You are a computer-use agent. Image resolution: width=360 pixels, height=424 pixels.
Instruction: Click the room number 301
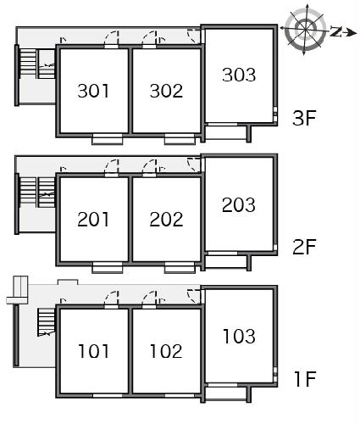(x=93, y=91)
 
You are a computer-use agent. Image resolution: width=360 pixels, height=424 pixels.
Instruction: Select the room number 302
(x=166, y=91)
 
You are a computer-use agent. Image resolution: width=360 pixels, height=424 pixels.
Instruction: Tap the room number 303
(x=239, y=75)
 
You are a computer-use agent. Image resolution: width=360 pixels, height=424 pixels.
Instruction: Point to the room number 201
(x=93, y=220)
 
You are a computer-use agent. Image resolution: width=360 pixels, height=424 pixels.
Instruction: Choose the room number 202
(x=166, y=220)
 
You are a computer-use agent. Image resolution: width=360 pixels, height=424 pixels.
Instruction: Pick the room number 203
(x=239, y=205)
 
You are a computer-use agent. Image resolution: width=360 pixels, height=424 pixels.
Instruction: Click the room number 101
(x=93, y=351)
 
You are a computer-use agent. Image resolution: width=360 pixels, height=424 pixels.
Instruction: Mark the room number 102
(x=166, y=351)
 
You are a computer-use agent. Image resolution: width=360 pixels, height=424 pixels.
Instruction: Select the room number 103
(x=239, y=337)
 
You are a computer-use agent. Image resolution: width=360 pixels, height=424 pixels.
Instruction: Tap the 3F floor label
(x=304, y=118)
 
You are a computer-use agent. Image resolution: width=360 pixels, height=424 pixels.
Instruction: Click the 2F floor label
(x=304, y=247)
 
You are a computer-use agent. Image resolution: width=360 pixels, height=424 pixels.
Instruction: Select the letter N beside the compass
(x=336, y=31)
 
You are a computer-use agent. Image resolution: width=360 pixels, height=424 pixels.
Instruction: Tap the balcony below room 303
(x=225, y=133)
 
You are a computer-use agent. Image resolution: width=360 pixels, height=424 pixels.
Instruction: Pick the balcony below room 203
(x=225, y=261)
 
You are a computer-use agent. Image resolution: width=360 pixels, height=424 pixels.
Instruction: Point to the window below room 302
(x=180, y=139)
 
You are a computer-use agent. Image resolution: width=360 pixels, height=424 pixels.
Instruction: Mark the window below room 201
(x=108, y=268)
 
